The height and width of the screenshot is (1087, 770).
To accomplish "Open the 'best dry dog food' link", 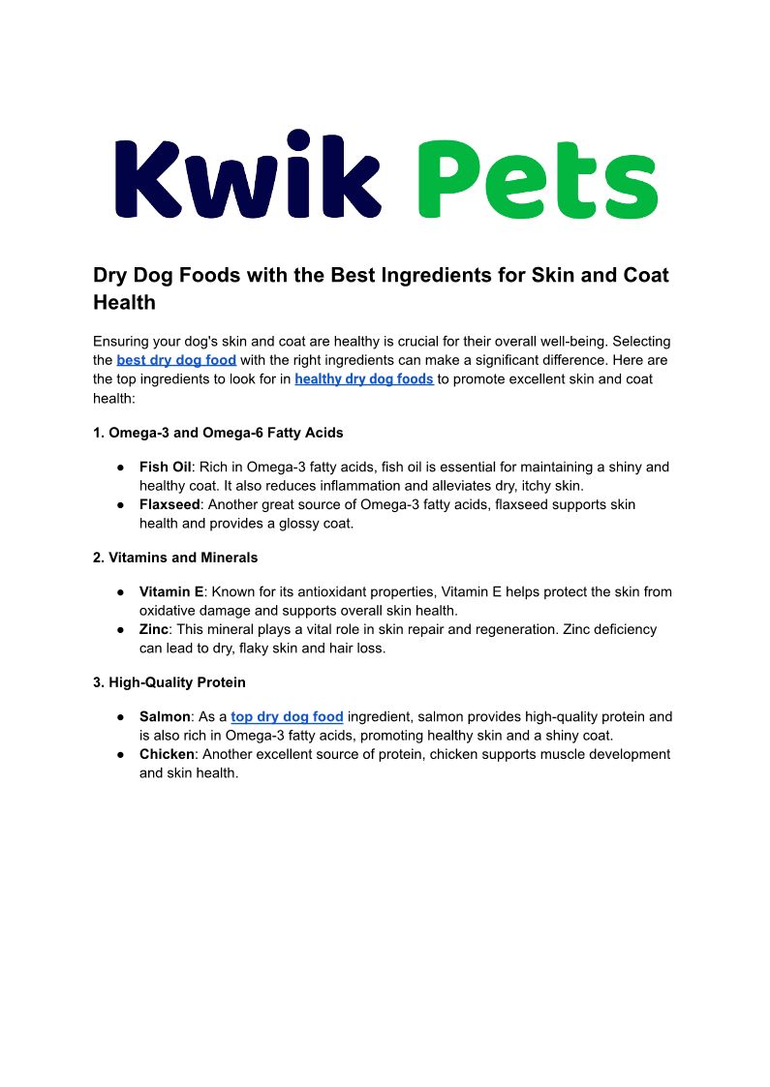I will point(176,360).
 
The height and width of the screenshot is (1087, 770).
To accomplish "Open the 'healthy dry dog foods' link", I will point(364,378).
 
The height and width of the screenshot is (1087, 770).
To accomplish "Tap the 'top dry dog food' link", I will point(287,717).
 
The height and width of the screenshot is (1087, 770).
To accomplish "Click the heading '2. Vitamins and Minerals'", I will point(175,558).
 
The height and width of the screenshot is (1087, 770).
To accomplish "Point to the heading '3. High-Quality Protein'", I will point(169,683).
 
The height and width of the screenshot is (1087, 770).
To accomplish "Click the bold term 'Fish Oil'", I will point(166,467).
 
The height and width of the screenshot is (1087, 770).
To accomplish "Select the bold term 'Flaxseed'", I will point(169,504).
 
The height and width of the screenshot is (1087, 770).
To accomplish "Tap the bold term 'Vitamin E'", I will point(171,591).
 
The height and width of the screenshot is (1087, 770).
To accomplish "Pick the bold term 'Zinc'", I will point(155,629).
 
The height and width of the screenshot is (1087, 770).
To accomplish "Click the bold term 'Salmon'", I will point(165,717).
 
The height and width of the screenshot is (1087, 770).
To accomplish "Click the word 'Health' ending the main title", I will point(124,302).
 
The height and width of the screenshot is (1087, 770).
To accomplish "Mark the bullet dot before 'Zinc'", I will point(121,629).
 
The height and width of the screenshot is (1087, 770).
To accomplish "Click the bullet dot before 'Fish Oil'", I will point(121,468).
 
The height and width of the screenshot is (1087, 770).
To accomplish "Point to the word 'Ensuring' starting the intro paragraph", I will point(123,342).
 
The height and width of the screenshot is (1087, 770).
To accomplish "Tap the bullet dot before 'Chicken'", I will point(121,755).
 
